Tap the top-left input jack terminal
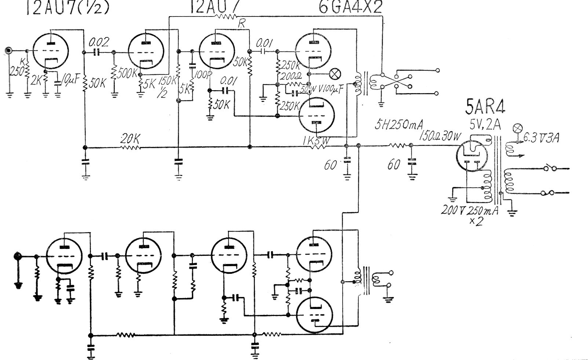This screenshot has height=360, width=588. pos(8,51)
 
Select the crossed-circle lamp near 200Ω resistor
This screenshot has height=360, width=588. pos(334,74)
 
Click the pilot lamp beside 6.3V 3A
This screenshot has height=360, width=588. pos(518,129)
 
